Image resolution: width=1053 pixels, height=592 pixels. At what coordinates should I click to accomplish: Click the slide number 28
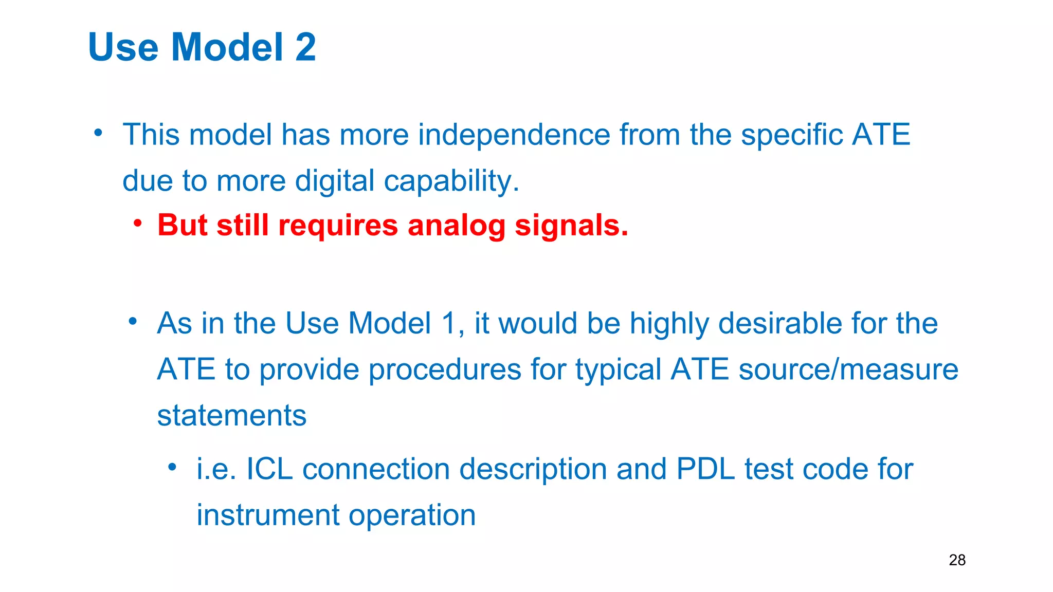[957, 560]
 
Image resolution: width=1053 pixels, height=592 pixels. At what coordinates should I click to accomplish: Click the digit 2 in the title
[305, 47]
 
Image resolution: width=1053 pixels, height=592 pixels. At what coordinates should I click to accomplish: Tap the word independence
[514, 135]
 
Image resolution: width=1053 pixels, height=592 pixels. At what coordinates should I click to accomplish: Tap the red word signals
[571, 226]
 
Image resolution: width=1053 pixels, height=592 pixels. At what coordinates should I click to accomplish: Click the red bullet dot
[137, 224]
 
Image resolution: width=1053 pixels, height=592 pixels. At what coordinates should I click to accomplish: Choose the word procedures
[445, 370]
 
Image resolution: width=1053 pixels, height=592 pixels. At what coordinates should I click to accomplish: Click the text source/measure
[848, 370]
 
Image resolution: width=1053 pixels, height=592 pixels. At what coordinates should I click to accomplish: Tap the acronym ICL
[269, 469]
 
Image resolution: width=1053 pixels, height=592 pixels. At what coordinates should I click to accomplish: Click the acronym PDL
[705, 469]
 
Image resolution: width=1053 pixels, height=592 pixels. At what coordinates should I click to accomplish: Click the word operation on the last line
[412, 516]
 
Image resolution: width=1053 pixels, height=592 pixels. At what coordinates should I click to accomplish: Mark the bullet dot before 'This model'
[98, 133]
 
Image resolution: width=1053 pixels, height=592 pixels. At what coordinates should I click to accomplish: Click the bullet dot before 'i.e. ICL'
[172, 467]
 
